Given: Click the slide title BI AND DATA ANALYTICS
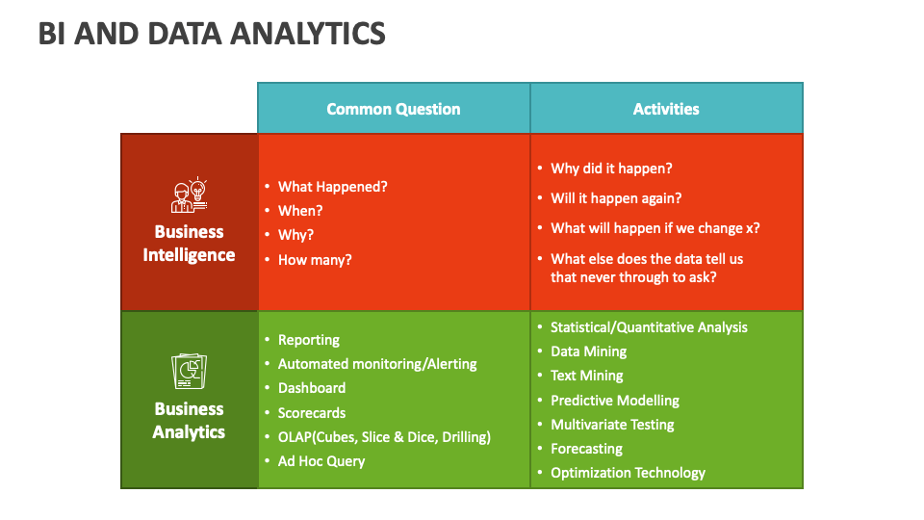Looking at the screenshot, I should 212,33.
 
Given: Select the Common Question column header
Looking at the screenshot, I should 393,109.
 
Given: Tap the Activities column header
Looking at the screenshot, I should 666,109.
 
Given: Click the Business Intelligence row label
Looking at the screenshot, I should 189,244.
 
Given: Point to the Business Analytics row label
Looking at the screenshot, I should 189,421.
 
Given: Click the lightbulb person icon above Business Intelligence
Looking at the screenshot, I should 189,195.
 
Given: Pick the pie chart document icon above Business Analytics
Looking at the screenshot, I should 189,372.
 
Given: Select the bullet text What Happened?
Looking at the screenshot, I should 332,187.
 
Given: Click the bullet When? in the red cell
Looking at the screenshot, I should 300,211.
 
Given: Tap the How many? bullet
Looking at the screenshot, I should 315,259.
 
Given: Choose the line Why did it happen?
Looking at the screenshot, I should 611,169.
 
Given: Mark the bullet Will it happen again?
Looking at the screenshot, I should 616,198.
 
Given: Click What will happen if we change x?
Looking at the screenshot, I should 654,228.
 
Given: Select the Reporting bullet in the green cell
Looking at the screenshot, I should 308,340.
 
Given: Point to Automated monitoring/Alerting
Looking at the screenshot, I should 377,364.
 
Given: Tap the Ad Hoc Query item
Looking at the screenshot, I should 321,461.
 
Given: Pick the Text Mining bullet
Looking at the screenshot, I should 586,376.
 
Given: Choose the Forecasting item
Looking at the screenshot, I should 586,449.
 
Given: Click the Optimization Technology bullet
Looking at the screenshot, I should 628,473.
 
